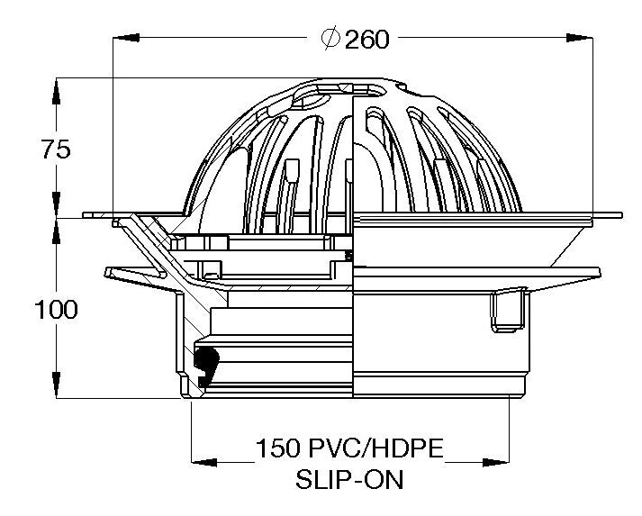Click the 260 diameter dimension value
click(x=366, y=39)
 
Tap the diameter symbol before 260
click(x=330, y=39)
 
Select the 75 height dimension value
click(x=56, y=149)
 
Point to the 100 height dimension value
click(x=56, y=309)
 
